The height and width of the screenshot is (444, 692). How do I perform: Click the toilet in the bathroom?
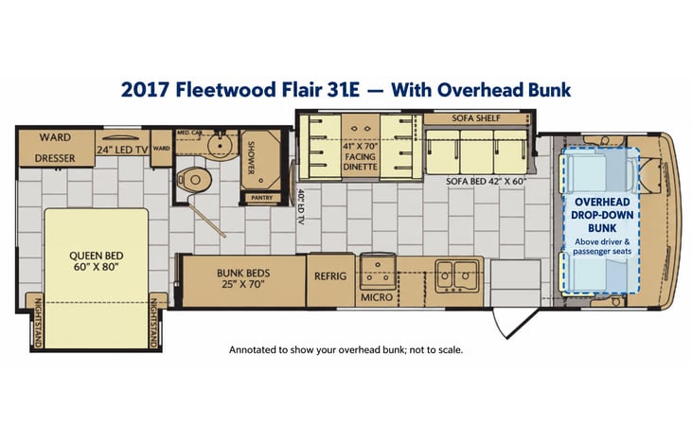pyautogui.click(x=194, y=180)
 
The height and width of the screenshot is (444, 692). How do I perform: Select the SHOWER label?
pyautogui.click(x=252, y=157)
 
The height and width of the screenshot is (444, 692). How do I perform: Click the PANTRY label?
pyautogui.click(x=261, y=198)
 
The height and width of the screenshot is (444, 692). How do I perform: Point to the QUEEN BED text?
pyautogui.click(x=97, y=256)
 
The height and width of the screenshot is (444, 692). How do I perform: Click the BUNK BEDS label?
pyautogui.click(x=243, y=273)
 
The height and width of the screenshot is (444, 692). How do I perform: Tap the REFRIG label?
pyautogui.click(x=330, y=276)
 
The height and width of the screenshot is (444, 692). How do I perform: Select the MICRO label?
pyautogui.click(x=377, y=297)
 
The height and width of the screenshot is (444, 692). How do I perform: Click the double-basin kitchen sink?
pyautogui.click(x=457, y=276)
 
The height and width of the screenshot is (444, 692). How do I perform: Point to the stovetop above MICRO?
pyautogui.click(x=378, y=271)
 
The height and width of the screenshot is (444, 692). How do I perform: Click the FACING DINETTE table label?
pyautogui.click(x=361, y=162)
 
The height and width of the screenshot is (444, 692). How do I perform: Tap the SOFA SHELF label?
pyautogui.click(x=476, y=118)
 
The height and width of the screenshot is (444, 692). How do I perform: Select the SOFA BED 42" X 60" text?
pyautogui.click(x=486, y=181)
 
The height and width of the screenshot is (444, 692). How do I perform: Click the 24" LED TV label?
pyautogui.click(x=122, y=150)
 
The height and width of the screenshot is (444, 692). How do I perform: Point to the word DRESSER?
pyautogui.click(x=55, y=158)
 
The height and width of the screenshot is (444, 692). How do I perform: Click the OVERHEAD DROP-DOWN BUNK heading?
pyautogui.click(x=602, y=215)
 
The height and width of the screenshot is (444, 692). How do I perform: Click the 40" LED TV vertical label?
pyautogui.click(x=301, y=207)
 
